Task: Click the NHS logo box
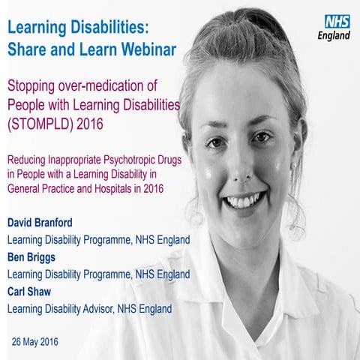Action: (337, 22)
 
